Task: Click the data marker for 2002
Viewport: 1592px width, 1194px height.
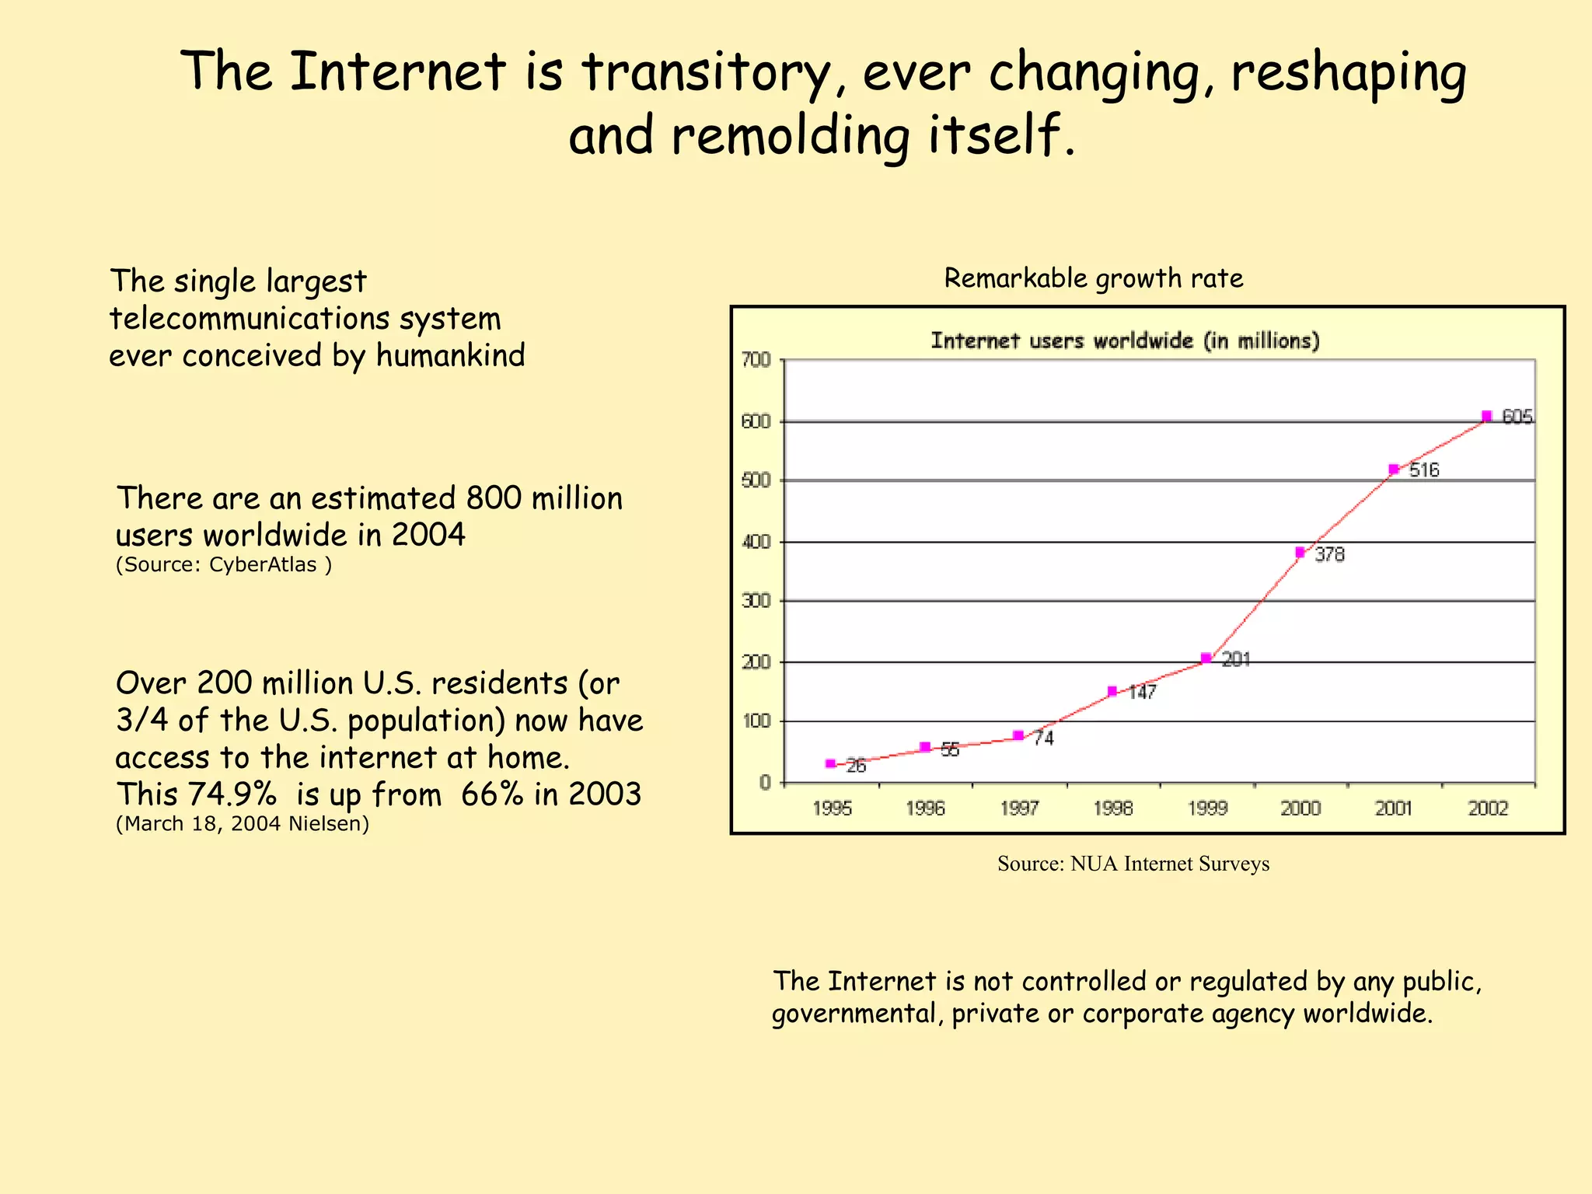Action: (1486, 416)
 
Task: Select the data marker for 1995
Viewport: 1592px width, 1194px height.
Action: (830, 764)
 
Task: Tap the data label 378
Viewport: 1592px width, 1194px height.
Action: (1329, 555)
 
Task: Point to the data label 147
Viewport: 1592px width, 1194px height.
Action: (1142, 693)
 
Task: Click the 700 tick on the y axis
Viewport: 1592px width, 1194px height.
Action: (756, 360)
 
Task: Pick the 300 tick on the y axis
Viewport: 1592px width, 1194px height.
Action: (756, 601)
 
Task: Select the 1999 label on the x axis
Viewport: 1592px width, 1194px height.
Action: (1206, 808)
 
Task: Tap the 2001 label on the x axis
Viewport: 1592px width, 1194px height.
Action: (1394, 808)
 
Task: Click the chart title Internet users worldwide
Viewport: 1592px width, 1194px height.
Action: (1125, 340)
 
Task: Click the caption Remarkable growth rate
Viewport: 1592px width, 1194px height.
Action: (1093, 278)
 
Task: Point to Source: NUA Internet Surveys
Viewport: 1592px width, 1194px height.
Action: (1133, 864)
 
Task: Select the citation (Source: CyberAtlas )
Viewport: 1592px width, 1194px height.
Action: (224, 564)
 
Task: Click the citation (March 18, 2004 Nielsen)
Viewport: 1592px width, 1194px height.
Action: (242, 823)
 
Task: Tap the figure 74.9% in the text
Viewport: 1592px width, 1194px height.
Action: (232, 794)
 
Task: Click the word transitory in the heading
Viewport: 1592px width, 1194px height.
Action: (706, 72)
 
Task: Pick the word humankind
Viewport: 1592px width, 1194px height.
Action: (451, 356)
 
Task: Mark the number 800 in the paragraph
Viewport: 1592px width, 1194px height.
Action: (493, 498)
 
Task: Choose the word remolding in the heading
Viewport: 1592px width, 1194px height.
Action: (790, 135)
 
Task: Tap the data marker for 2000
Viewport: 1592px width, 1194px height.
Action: (1300, 553)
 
